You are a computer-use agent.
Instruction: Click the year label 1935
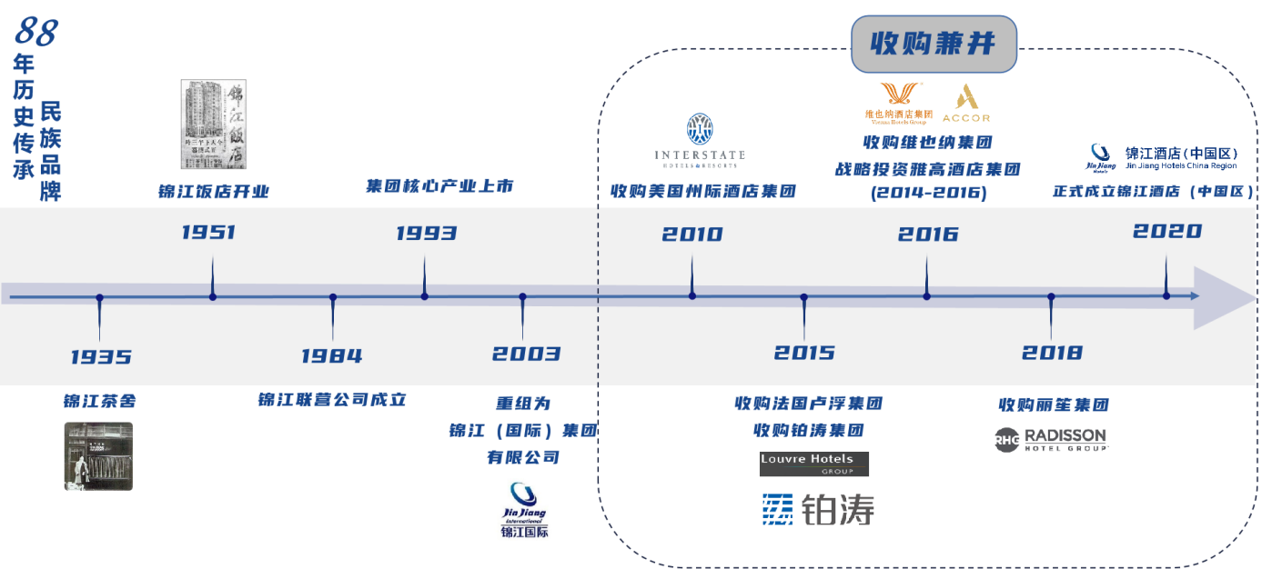click(x=101, y=357)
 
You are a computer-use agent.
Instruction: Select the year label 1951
click(x=208, y=233)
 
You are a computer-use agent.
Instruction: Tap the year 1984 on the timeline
click(x=332, y=356)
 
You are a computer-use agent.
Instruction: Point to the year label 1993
click(x=426, y=234)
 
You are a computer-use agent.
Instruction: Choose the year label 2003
click(x=526, y=354)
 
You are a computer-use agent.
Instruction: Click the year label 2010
click(x=692, y=235)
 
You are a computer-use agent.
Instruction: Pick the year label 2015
click(x=804, y=353)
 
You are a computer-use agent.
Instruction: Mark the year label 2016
click(x=928, y=235)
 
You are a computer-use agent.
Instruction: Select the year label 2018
click(x=1052, y=353)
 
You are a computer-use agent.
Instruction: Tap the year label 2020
click(x=1167, y=232)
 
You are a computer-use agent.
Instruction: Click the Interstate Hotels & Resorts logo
click(x=700, y=141)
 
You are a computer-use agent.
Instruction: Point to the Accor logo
click(x=965, y=104)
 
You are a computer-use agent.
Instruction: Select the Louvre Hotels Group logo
click(x=814, y=464)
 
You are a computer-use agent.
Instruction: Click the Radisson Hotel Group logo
click(x=1051, y=439)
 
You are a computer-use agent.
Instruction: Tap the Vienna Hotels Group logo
click(x=899, y=103)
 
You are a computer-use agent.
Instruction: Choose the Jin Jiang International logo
click(x=524, y=510)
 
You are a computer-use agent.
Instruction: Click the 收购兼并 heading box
click(x=934, y=44)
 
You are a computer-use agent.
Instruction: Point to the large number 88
click(x=35, y=32)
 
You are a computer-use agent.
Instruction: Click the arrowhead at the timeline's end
click(x=1228, y=297)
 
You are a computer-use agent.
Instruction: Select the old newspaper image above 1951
click(x=214, y=125)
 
